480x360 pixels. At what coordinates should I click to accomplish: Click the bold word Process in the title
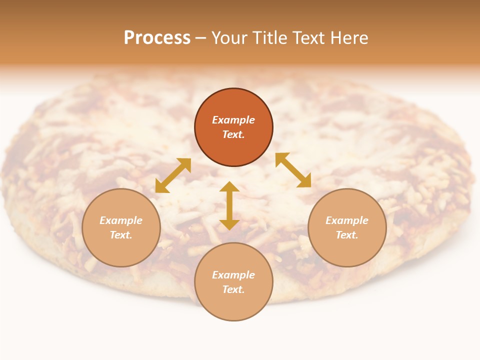click(x=157, y=38)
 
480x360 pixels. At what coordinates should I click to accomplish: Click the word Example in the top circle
click(x=233, y=120)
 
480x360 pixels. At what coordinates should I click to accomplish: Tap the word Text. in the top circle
click(x=233, y=134)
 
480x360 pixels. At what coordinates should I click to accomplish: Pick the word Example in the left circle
click(x=121, y=220)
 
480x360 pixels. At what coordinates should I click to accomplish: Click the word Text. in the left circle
click(x=121, y=235)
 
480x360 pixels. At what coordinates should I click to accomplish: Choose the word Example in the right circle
click(x=347, y=220)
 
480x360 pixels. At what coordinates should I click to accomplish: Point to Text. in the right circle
click(x=347, y=235)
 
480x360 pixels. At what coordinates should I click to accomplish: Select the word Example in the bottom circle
click(x=233, y=275)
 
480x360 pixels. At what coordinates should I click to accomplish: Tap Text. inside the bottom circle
click(x=233, y=289)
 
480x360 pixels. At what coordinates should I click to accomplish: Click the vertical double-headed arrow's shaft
click(x=229, y=205)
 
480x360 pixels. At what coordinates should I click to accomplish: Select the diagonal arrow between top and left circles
click(x=173, y=175)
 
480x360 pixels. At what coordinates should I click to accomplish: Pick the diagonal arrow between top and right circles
click(x=293, y=170)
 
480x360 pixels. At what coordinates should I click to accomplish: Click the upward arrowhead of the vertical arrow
click(x=229, y=186)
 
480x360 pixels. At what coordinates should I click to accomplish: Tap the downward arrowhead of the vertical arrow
click(x=229, y=224)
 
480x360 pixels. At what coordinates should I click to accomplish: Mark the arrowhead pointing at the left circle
click(x=160, y=187)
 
